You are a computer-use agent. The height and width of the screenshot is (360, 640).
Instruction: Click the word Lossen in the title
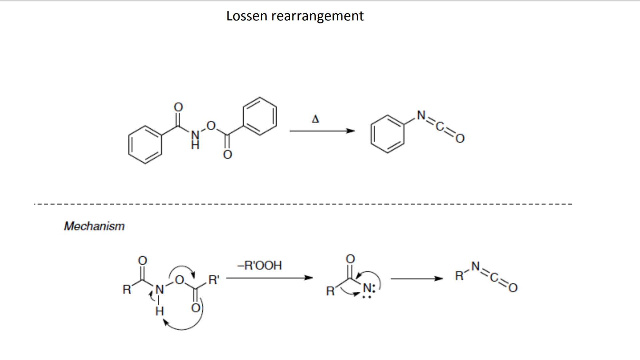tap(247, 16)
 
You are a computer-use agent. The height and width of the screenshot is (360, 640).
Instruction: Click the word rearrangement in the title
tap(317, 16)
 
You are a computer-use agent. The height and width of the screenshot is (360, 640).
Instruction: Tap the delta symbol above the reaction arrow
tap(315, 119)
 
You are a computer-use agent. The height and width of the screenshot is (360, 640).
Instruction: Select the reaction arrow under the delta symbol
tap(322, 131)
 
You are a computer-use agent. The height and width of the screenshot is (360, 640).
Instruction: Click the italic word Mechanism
tap(94, 226)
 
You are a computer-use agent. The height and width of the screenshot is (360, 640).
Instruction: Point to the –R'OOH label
tap(260, 266)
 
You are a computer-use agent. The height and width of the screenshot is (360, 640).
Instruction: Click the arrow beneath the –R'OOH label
tap(269, 278)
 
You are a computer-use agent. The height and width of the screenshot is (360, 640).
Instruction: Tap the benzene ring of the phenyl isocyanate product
tap(387, 134)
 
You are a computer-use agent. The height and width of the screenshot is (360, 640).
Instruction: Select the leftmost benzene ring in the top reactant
tap(145, 145)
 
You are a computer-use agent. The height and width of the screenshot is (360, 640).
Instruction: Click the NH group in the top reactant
tap(195, 140)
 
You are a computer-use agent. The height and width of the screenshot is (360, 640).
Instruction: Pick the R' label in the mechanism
tap(214, 280)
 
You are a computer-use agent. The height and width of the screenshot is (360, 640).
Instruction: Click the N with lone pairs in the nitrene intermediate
tap(367, 288)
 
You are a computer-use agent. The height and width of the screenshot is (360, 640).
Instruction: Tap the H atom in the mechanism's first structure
tap(160, 311)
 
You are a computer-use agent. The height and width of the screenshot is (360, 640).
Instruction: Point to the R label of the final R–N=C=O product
tap(459, 276)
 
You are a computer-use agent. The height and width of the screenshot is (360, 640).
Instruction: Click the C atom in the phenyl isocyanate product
tap(440, 126)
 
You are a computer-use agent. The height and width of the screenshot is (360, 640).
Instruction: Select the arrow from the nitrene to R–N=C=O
tap(417, 279)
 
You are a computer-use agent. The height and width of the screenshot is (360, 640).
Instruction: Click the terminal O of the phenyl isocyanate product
tap(460, 138)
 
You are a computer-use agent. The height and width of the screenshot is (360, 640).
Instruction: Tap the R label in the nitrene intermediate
tap(330, 291)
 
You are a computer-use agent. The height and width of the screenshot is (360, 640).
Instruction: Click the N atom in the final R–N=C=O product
tap(475, 266)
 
